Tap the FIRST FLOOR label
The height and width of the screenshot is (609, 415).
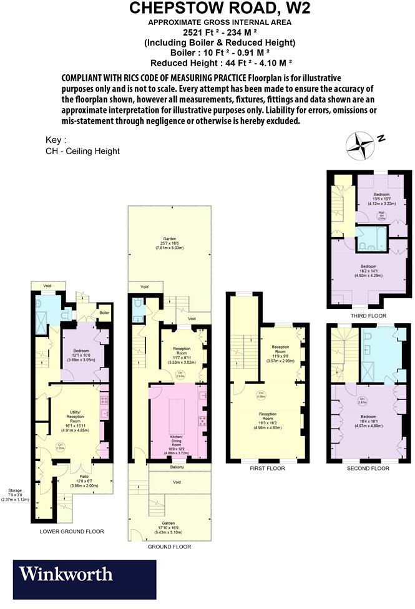(266, 468)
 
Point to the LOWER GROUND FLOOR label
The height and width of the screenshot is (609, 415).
(71, 532)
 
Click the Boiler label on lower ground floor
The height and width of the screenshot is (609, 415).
(104, 313)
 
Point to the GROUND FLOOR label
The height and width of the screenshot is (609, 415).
(169, 547)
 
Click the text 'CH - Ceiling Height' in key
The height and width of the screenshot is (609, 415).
(82, 151)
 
